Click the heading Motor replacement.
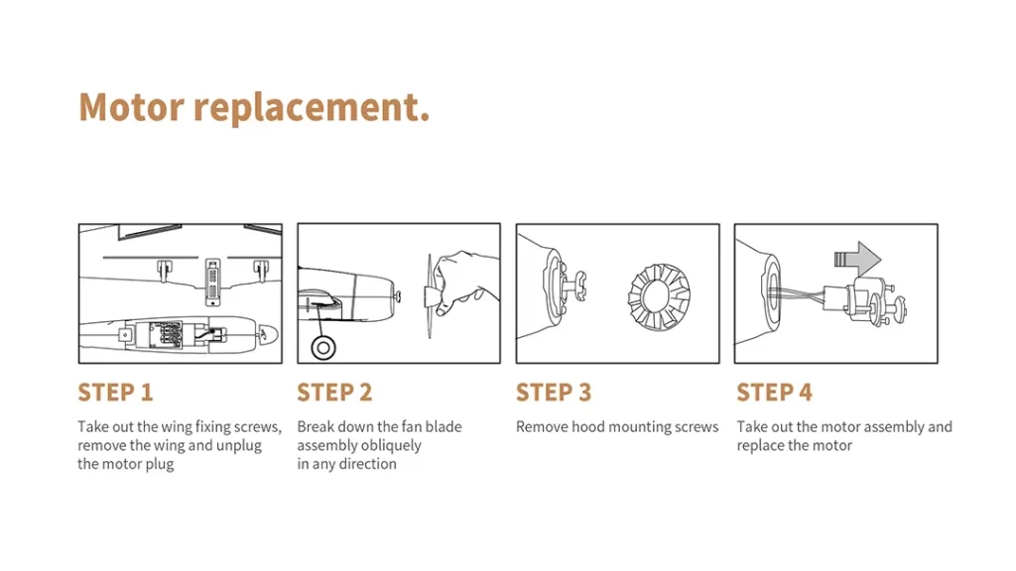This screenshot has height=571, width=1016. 254,107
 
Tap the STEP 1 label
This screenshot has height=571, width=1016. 115,393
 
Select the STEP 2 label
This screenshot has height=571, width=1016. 334,393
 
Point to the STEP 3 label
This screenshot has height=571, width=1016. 554,393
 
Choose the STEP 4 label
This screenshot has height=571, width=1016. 774,393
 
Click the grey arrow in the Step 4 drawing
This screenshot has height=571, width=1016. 857,259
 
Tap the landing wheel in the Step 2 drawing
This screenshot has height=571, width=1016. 322,348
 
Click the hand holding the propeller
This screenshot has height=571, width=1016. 465,282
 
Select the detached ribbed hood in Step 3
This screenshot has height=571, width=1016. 660,297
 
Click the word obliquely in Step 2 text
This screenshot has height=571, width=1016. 388,446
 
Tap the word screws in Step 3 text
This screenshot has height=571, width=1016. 696,427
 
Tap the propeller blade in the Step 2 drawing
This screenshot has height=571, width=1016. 429,295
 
